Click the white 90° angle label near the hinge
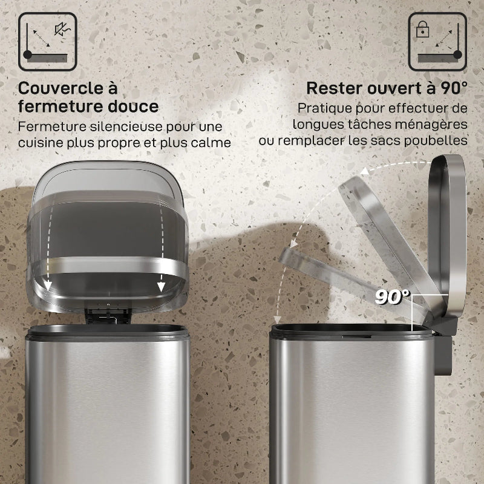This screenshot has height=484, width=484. (x=392, y=297)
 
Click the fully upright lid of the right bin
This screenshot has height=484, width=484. (x=447, y=236)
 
